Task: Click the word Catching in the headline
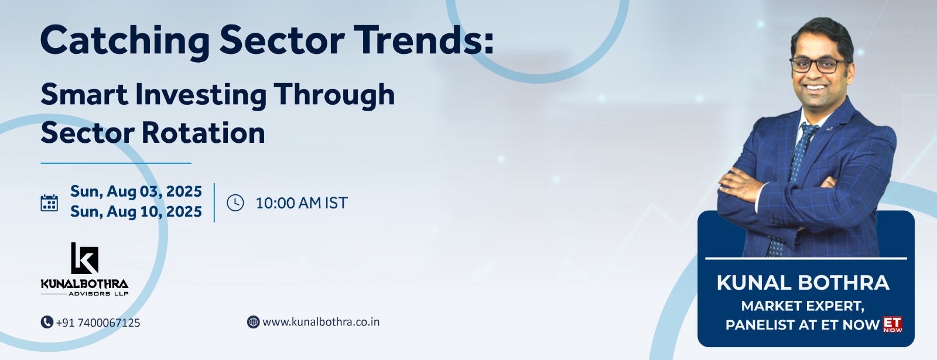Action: [125, 41]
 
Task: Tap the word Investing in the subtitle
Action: [201, 95]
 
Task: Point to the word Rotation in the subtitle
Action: [203, 132]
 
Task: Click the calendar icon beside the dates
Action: [49, 203]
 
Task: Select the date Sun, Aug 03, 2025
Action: [136, 191]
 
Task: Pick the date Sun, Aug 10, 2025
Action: [136, 211]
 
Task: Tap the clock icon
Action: [235, 203]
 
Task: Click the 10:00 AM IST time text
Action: [302, 203]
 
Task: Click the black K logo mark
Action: [84, 258]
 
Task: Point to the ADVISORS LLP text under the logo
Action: [98, 294]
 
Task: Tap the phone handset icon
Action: [47, 322]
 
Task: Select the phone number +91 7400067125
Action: [98, 323]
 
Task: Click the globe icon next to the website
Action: [253, 322]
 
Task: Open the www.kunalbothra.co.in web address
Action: [321, 322]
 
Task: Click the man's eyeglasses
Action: [819, 65]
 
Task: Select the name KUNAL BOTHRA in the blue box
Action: [803, 283]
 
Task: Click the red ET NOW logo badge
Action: [892, 324]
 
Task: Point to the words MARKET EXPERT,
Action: [803, 306]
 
